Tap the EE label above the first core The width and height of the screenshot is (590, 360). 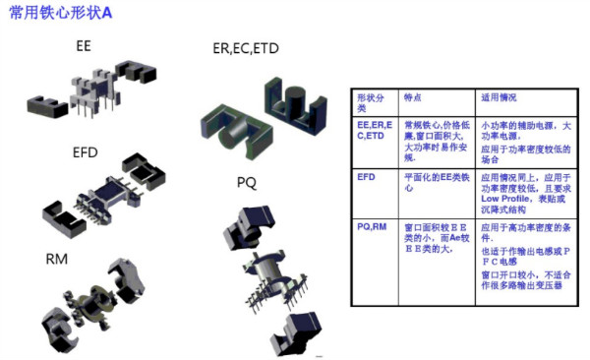pos(87,46)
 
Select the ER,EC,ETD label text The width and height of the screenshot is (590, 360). pos(246,48)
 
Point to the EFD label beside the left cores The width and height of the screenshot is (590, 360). pos(86,154)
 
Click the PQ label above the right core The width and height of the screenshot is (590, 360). pos(246,182)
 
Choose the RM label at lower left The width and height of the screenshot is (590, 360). pos(57,260)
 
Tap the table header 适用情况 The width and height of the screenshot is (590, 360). pos(499,99)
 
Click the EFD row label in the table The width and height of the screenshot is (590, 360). pos(366,176)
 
